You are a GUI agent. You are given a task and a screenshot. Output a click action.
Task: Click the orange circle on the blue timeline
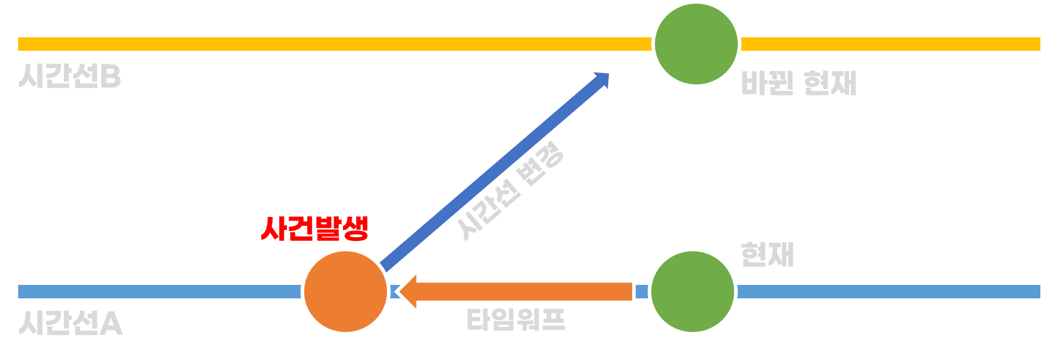coord(346,292)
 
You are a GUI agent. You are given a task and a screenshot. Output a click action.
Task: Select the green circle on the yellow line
coord(696,44)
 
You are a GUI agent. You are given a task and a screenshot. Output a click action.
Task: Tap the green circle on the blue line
coord(693,292)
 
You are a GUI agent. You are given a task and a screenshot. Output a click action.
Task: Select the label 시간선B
coord(70,77)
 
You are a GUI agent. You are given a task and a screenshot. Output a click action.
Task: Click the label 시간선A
coord(70,324)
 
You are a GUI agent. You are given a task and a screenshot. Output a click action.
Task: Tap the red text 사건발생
coord(314,228)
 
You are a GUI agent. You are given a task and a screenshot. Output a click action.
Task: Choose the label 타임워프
coord(516,320)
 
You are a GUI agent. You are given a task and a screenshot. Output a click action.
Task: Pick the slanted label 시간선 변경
coord(510,190)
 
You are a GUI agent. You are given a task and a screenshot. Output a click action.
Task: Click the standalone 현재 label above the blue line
coord(767,254)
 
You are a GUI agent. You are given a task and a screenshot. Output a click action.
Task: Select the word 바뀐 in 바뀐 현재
coord(767,83)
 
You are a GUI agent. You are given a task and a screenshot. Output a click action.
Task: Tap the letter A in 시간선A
coord(111,324)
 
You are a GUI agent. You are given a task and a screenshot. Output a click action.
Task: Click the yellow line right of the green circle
coord(891,44)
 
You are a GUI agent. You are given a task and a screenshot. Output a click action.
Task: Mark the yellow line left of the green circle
coord(335,44)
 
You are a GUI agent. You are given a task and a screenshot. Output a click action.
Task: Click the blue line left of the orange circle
coord(160,292)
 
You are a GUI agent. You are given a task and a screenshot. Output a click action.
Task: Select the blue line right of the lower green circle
coord(889,292)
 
